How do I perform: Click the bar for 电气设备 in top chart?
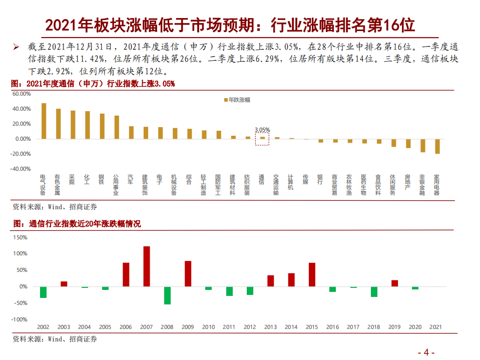[44, 121]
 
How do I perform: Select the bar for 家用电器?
[437, 146]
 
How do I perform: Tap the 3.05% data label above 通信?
[262, 129]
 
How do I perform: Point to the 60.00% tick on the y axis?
[22, 94]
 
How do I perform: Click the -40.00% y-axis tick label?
[21, 169]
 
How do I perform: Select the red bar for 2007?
[147, 266]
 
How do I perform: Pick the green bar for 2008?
[167, 295]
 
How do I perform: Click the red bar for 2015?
[312, 274]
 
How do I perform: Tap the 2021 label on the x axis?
[436, 327]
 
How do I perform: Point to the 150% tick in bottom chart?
[20, 237]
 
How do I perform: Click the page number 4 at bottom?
[426, 352]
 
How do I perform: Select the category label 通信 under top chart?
[261, 180]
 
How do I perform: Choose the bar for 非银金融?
[423, 145]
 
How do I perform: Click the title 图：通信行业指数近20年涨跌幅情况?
[76, 224]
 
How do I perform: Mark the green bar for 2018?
[374, 291]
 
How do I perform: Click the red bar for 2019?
[394, 283]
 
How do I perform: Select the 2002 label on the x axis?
[43, 327]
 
